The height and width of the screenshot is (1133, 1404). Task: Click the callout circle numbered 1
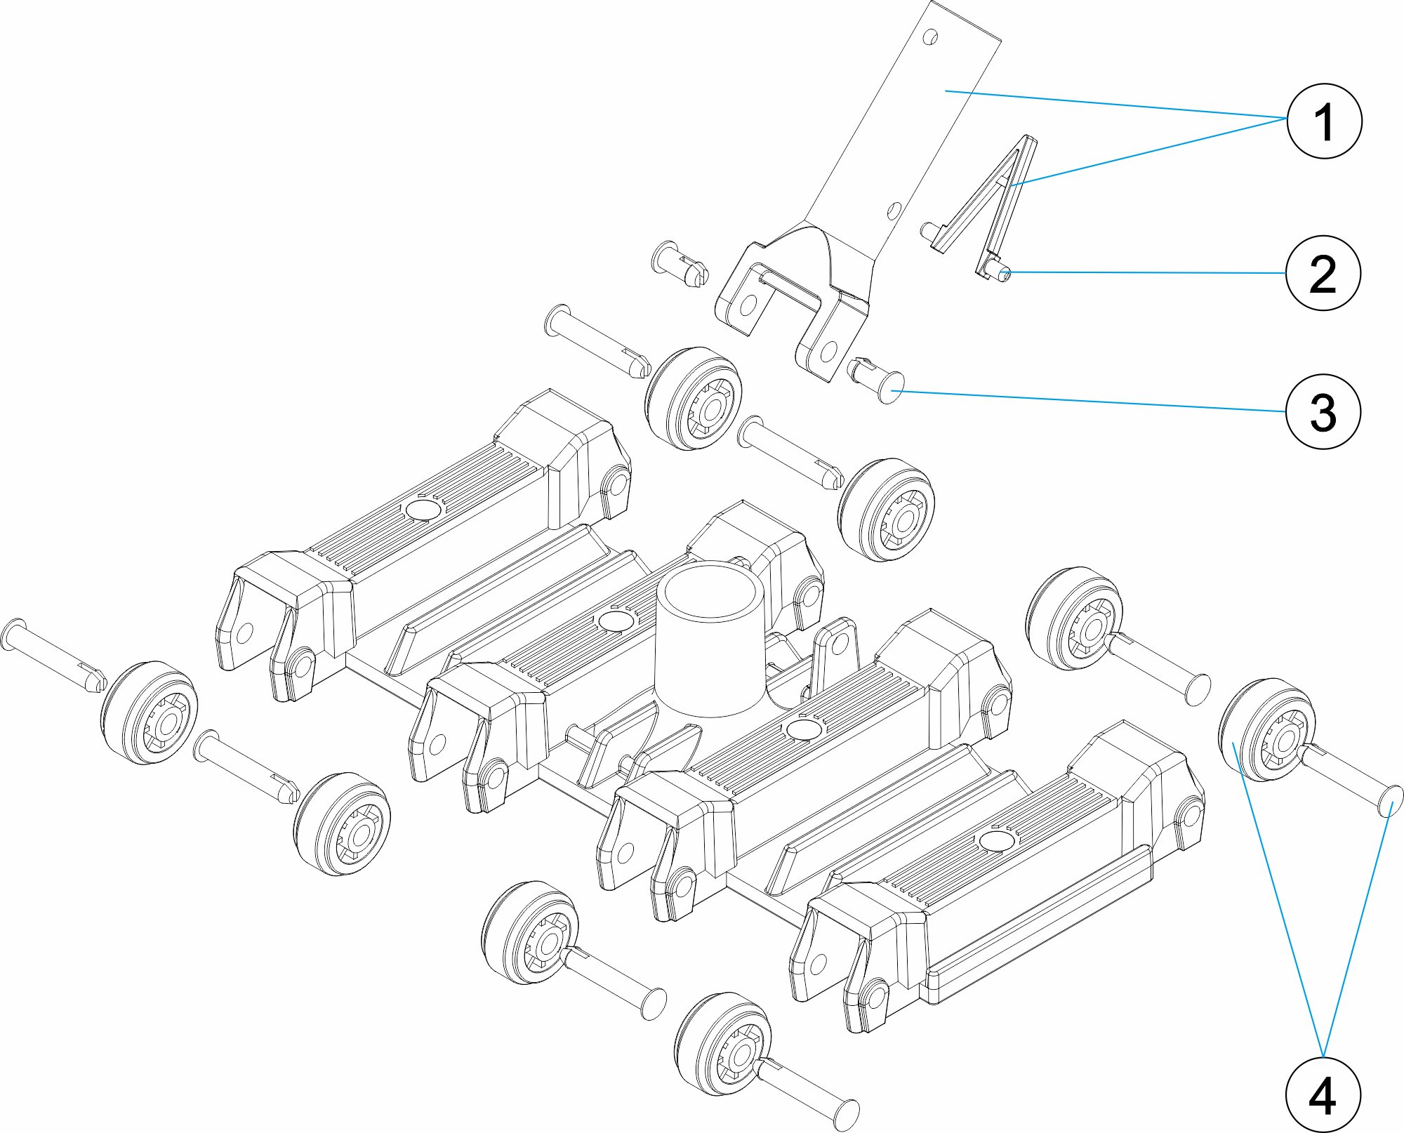[1323, 121]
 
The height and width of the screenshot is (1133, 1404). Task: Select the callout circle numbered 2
[1323, 272]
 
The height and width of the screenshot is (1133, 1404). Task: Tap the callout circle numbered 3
[1323, 411]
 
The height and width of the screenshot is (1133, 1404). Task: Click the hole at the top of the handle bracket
[930, 37]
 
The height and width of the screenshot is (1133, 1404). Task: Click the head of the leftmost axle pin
[14, 635]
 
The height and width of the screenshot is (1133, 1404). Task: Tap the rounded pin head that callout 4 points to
[1390, 801]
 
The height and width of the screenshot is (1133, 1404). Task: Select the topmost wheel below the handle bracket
[693, 398]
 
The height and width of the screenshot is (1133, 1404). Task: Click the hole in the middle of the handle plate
[894, 209]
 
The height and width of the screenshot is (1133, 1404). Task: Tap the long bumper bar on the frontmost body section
[1039, 925]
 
